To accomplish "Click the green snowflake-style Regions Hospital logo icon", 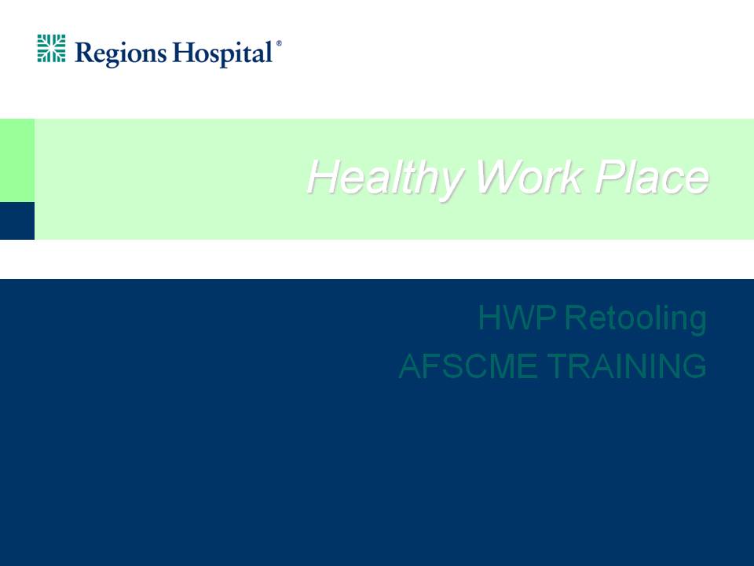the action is coord(52,48).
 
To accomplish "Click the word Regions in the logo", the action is coord(121,53).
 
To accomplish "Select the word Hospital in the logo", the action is coord(222,53).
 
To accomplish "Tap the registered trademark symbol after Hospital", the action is coord(278,43).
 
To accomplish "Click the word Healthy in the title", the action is coord(385,178).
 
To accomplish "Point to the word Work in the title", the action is coord(529,176).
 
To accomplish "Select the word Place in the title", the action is coord(652,176).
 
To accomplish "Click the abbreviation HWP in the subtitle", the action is coord(517,318).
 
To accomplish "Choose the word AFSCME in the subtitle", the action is coord(468,366).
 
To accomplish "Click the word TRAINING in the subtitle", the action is coord(627,366).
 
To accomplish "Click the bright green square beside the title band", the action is coord(17,160).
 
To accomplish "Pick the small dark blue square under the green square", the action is coord(17,220).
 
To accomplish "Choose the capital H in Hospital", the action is coord(183,53).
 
